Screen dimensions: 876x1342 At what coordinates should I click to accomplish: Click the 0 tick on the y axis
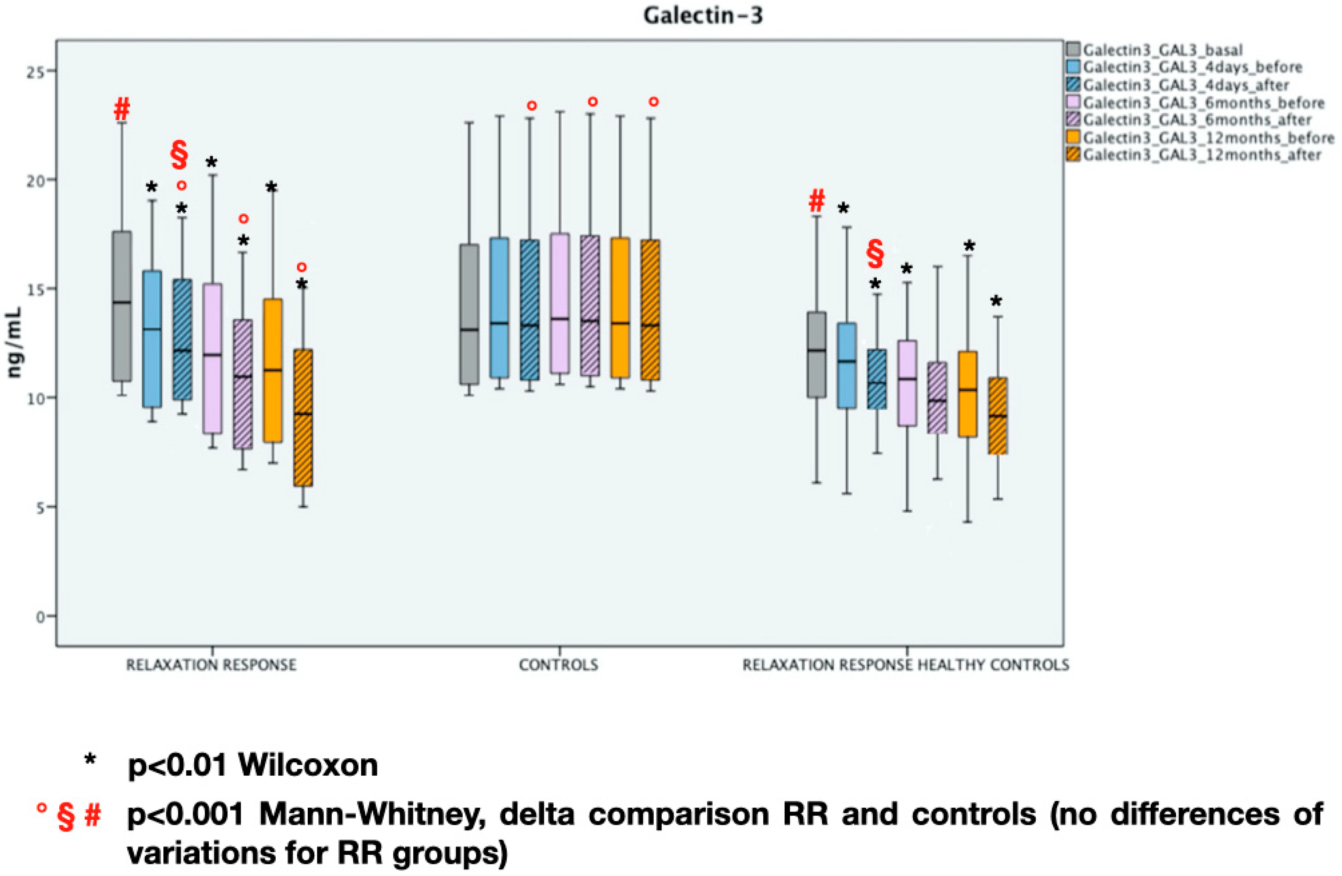(x=40, y=616)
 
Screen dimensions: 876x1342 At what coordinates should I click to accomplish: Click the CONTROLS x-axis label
(x=558, y=665)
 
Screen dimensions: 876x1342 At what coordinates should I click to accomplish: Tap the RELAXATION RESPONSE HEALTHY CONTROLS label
(x=905, y=665)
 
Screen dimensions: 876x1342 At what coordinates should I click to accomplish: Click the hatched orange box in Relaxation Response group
(x=303, y=417)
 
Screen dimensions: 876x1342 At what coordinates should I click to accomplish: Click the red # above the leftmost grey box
(x=122, y=109)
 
